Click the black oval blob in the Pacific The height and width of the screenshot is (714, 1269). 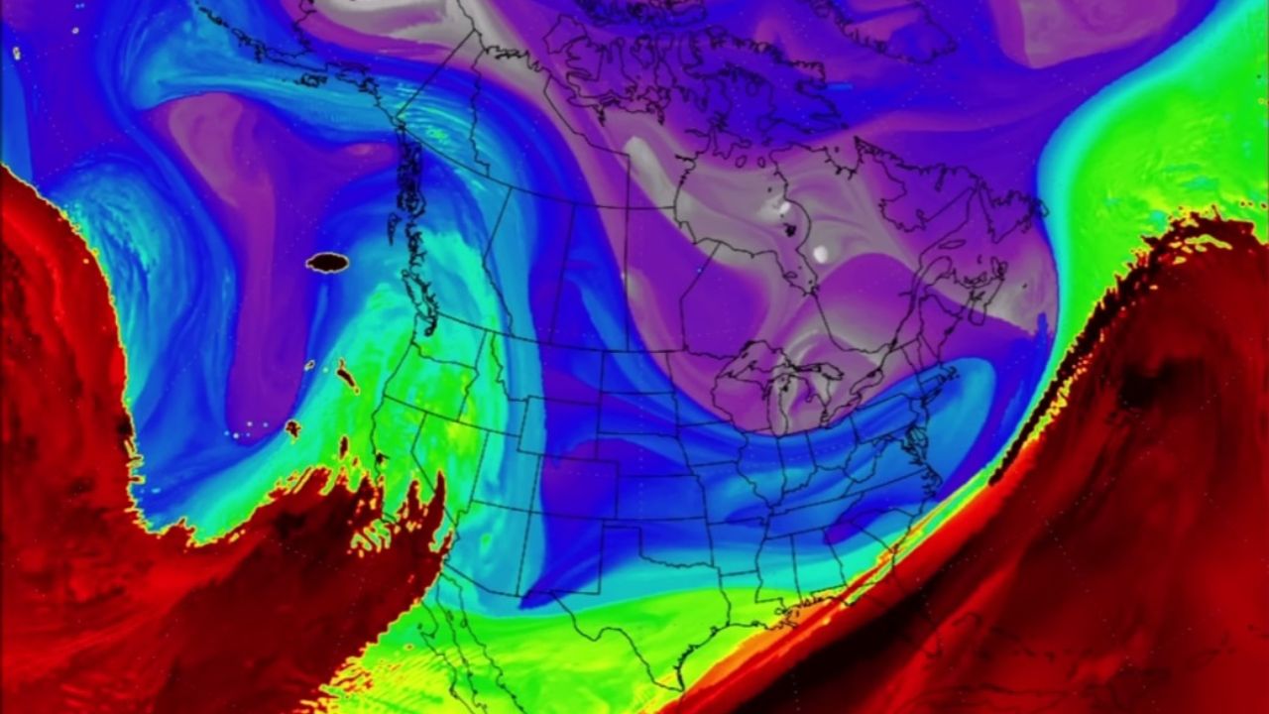327,262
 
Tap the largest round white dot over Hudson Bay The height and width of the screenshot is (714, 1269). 820,254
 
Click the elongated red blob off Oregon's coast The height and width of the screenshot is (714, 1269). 347,376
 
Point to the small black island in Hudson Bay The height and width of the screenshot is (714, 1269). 790,229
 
